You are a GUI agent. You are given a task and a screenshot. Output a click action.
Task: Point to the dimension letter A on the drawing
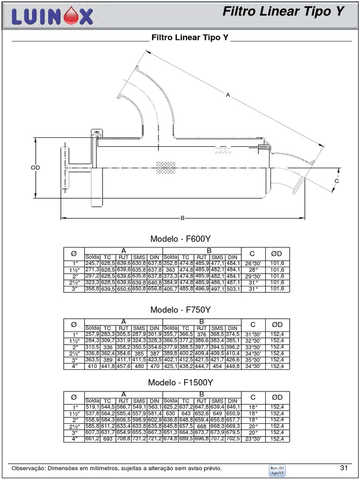point(228,96)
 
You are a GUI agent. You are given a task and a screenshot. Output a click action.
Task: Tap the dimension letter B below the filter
point(182,218)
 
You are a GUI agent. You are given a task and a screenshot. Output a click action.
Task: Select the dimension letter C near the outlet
point(337,181)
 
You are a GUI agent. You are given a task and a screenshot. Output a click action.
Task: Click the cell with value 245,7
point(92,264)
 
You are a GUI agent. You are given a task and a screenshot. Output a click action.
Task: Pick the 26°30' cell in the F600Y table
point(253,264)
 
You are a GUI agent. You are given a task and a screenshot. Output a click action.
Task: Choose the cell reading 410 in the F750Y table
point(92,367)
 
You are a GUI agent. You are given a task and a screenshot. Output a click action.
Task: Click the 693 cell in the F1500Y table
point(108,439)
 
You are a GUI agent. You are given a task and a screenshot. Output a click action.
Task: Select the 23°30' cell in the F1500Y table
point(253,439)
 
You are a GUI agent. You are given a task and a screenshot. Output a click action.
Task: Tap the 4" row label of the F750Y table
point(74,367)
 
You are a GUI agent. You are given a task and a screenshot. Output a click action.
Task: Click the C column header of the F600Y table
point(253,254)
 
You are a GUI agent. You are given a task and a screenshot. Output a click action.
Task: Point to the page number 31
point(344,468)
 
